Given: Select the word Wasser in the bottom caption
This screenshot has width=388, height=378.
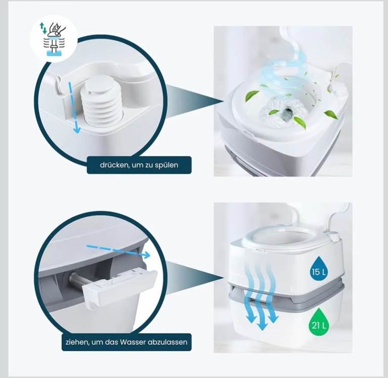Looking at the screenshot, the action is pyautogui.click(x=132, y=342).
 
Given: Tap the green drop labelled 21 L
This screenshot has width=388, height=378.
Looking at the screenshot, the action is pyautogui.click(x=319, y=321).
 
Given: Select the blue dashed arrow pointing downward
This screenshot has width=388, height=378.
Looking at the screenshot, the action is pyautogui.click(x=73, y=108).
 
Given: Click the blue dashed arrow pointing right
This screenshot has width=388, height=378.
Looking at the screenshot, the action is pyautogui.click(x=118, y=251).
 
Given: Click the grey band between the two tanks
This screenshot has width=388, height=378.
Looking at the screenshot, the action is pyautogui.click(x=286, y=292).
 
